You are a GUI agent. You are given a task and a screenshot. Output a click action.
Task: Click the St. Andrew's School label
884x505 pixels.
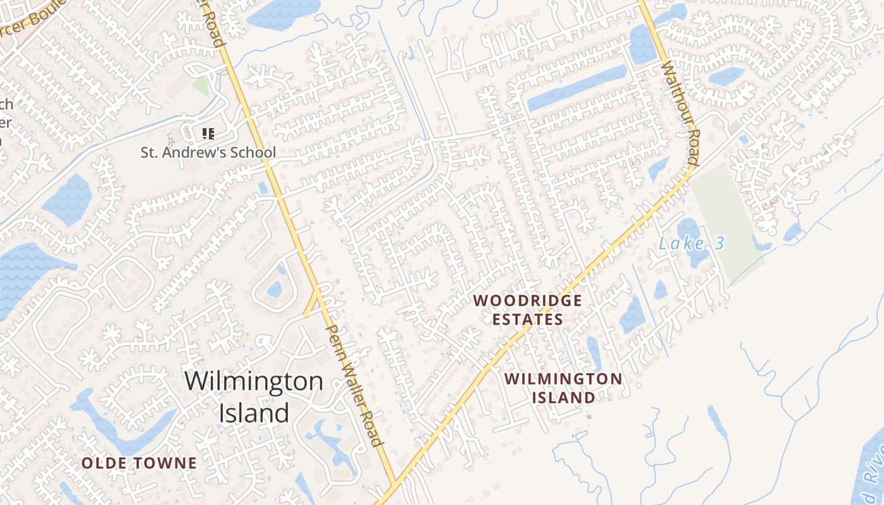point(208,152)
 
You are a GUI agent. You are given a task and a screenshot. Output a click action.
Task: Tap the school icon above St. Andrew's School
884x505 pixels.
point(208,133)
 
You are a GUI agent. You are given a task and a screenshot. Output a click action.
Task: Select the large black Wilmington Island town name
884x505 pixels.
point(254,396)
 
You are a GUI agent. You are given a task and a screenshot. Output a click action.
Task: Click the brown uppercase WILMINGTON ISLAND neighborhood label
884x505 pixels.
point(564,388)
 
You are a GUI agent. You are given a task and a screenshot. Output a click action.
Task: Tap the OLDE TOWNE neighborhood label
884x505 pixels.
point(139,463)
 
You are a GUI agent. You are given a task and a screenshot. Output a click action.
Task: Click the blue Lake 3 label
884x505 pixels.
point(691,243)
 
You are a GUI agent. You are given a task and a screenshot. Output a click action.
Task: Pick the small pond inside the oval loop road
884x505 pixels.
point(275,290)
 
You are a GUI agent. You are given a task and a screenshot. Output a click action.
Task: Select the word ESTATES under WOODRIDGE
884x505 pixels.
point(527,319)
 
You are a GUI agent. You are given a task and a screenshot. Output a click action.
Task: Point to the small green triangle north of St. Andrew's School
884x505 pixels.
point(201,86)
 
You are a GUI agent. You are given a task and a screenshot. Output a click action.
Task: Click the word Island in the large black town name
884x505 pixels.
point(254,413)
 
